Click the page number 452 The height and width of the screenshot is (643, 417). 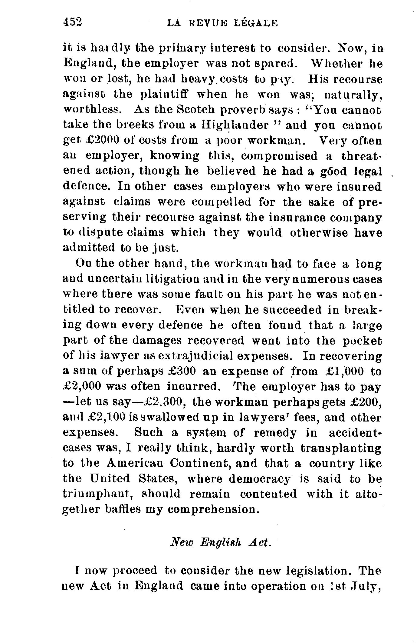coord(72,22)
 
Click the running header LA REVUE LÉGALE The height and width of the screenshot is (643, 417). coord(222,23)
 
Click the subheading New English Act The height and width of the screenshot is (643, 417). coord(220,542)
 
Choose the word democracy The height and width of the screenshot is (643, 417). coord(259,479)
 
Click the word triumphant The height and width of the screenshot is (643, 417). coord(98,494)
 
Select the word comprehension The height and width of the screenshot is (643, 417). coord(213,510)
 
